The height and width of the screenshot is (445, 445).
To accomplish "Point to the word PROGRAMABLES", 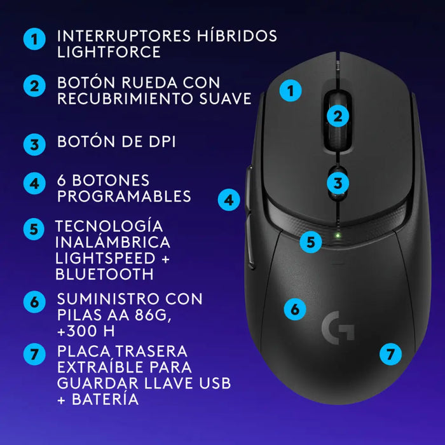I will pos(124,196).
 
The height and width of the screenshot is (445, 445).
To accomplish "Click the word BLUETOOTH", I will pos(104,275).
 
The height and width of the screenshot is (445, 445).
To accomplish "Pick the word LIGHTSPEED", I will pos(106,258).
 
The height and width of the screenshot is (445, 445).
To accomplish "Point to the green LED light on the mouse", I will pos(338,236).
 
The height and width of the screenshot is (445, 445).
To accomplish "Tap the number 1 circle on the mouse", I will pos(291,92).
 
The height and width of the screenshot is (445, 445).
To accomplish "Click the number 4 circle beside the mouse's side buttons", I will pos(229,200).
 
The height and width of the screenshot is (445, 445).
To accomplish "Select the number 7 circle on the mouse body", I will pos(391,353).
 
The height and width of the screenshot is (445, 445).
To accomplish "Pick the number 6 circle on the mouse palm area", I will pos(294,309).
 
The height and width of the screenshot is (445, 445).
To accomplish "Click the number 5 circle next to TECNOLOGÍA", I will pos(34,229).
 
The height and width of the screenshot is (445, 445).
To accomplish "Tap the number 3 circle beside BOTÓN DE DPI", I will pos(34,144).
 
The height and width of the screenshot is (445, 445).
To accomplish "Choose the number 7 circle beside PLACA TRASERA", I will pos(34,354).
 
